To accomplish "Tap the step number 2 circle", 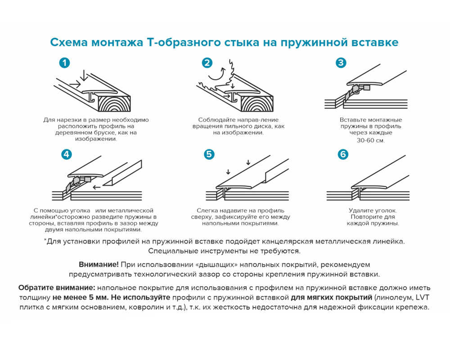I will coord(207,63).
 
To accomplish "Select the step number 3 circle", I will coord(341,63).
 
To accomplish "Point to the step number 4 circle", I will coord(66,154).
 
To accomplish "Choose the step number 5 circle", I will coord(209,154).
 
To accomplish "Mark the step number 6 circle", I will coord(343,154).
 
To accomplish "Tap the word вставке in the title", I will coord(377,42).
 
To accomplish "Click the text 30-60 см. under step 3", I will coord(371,140).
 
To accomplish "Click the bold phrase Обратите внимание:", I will coord(57,288).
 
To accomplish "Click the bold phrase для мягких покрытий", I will coord(331,297).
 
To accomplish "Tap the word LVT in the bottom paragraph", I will coord(423,297).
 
